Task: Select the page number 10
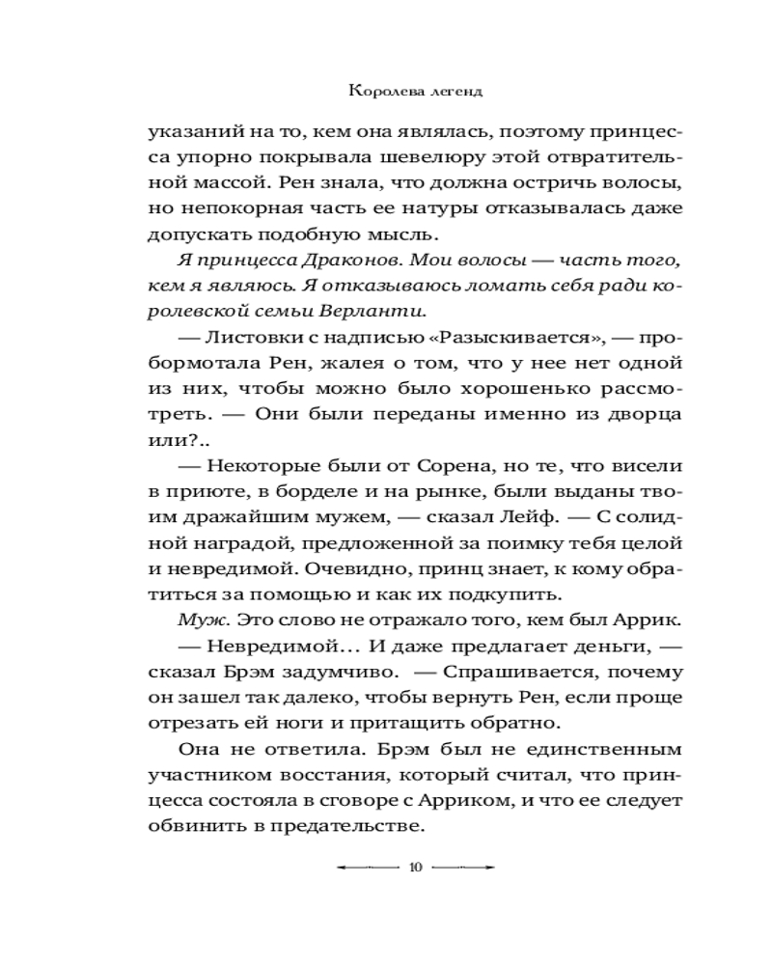[x=416, y=868]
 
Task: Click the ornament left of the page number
[x=367, y=868]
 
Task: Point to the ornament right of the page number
[x=464, y=868]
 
